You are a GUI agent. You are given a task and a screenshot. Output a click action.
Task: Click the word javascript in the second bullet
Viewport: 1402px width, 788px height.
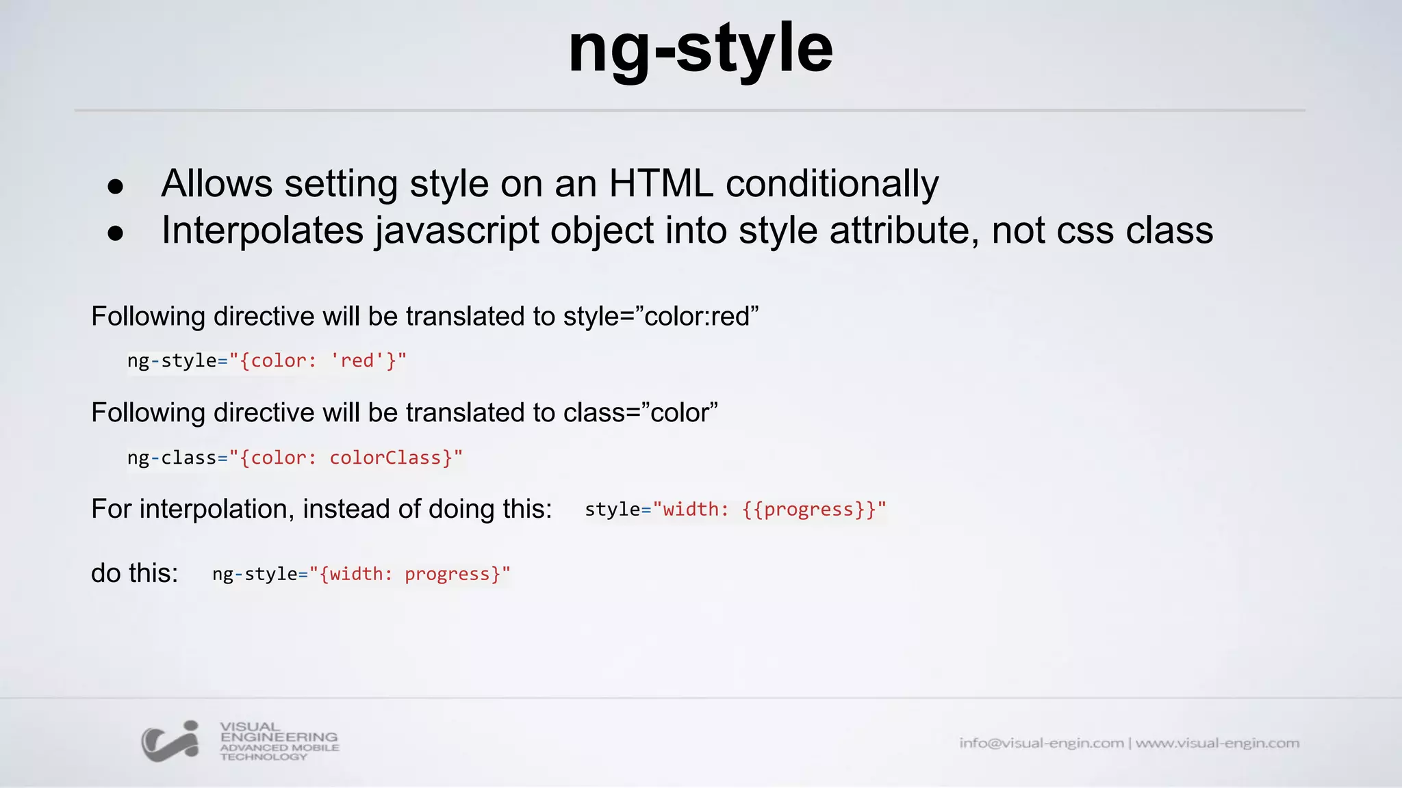457,230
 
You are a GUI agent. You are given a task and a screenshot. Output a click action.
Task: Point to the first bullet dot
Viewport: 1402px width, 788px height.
116,187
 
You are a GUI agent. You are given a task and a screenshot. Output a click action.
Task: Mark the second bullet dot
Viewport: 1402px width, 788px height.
116,233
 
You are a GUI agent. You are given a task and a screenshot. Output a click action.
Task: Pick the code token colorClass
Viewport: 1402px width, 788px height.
385,458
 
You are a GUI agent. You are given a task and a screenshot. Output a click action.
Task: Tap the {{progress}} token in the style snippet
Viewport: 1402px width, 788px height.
809,510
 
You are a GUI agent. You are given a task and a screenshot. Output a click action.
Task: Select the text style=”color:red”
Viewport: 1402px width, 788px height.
661,317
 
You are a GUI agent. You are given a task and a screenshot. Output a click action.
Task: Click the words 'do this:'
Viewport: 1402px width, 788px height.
134,573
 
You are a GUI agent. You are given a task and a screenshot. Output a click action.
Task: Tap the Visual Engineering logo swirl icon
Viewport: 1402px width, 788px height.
170,741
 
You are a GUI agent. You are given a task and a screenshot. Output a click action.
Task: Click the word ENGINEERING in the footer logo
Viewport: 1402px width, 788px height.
279,737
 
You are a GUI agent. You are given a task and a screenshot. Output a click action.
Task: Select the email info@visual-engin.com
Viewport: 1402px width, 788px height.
1041,743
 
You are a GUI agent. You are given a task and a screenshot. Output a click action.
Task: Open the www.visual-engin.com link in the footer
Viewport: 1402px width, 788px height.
1217,743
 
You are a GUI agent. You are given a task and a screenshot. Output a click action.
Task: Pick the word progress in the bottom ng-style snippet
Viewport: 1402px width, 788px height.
448,574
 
